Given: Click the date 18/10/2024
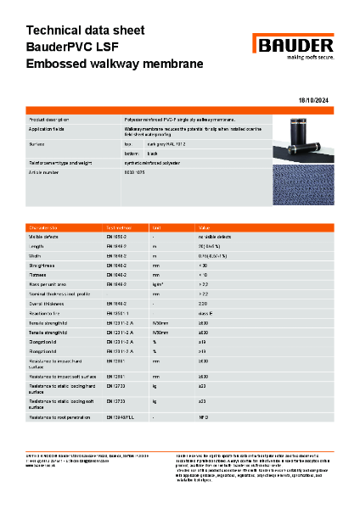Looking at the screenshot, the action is (318, 101).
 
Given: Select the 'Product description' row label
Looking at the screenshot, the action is (51, 121).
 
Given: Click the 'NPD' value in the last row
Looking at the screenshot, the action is (203, 418).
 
